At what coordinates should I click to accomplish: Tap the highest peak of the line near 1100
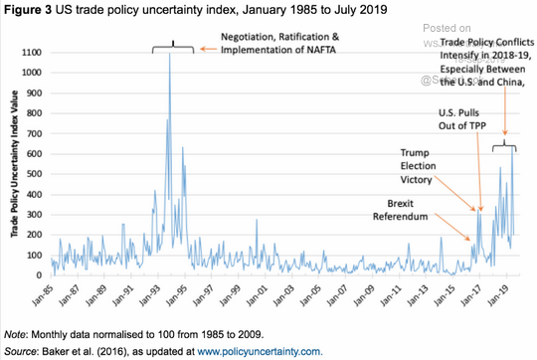click(x=170, y=54)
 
